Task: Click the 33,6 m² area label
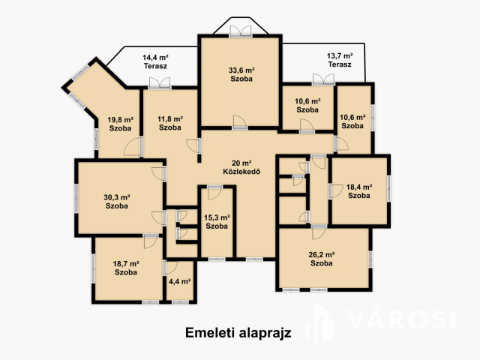click(241, 74)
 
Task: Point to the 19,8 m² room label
click(120, 124)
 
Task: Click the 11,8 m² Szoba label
click(170, 123)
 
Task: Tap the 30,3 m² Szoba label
click(115, 201)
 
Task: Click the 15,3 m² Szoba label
click(217, 221)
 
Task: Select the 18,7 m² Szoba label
click(126, 268)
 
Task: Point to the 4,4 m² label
click(179, 282)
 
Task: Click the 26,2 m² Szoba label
click(322, 259)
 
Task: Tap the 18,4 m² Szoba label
click(358, 191)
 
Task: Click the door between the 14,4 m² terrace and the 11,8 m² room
click(160, 84)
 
